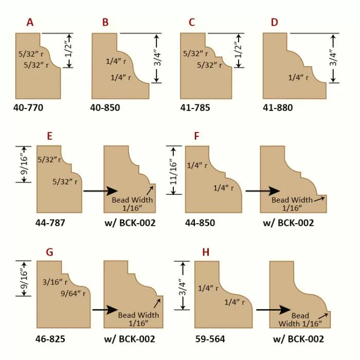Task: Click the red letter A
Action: [x=30, y=22]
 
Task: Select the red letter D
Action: [x=274, y=22]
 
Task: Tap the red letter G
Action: [x=50, y=252]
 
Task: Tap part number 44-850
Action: [x=200, y=223]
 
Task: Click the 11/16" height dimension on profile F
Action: [x=173, y=170]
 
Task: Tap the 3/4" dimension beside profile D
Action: [x=333, y=58]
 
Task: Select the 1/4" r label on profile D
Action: [x=299, y=78]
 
